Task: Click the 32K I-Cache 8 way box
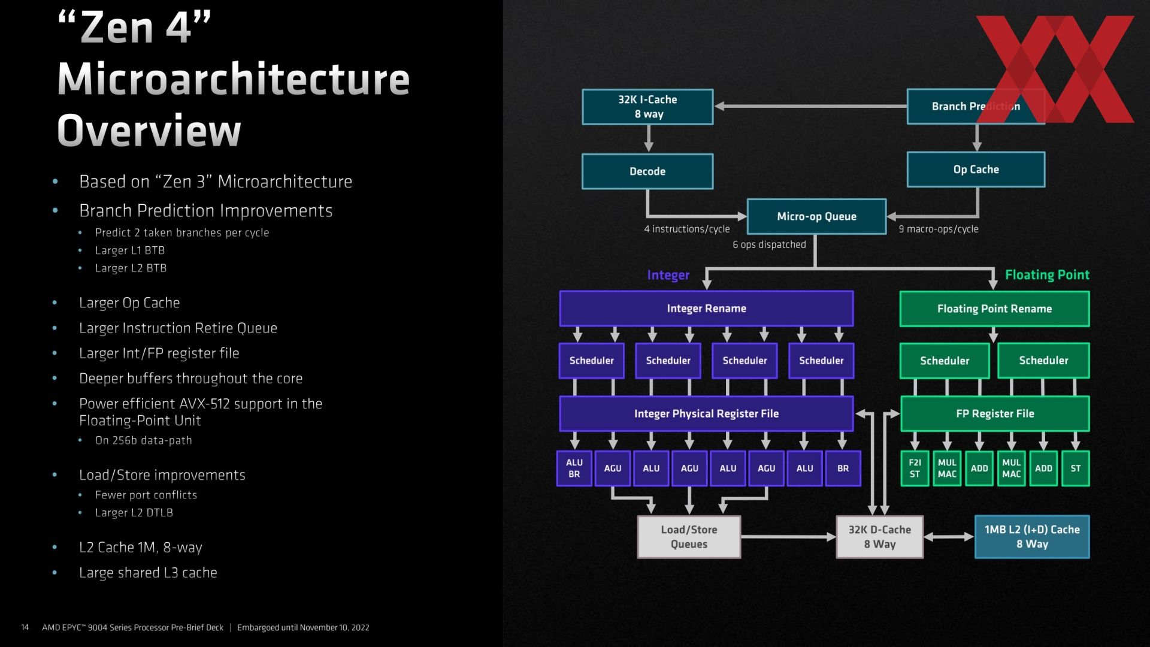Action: tap(647, 107)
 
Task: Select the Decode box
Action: tap(647, 171)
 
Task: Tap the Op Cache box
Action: tap(976, 170)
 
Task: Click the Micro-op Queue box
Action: tap(816, 216)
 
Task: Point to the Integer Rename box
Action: tap(706, 309)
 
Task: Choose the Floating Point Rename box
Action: tap(994, 309)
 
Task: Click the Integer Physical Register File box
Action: tap(706, 413)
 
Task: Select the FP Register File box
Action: tap(995, 413)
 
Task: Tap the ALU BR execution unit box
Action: tap(574, 468)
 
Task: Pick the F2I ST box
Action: tap(915, 468)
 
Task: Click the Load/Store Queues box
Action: tap(689, 537)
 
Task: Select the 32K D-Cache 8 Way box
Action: tap(879, 537)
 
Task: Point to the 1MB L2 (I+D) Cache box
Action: tap(1032, 537)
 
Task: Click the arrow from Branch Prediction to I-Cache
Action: tap(810, 106)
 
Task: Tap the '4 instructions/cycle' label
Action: tap(687, 229)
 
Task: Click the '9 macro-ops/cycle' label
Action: tap(939, 229)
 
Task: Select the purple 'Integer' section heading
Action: tap(668, 275)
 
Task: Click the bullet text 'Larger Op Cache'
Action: tap(129, 303)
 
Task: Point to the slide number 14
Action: tap(25, 627)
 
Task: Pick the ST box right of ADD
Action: tap(1076, 468)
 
